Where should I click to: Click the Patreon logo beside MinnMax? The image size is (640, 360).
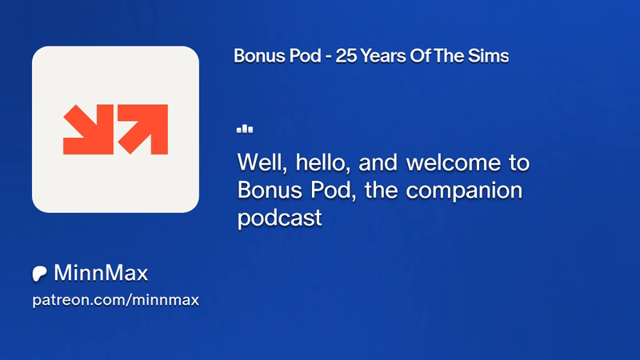pyautogui.click(x=39, y=274)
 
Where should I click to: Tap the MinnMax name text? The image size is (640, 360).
pyautogui.click(x=101, y=273)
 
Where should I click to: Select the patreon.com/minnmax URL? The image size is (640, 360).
pyautogui.click(x=115, y=301)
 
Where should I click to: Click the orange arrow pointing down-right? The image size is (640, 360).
pyautogui.click(x=88, y=130)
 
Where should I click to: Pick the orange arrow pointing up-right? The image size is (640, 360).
pyautogui.click(x=143, y=130)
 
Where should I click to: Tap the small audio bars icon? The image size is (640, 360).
pyautogui.click(x=245, y=129)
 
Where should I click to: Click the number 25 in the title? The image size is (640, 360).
pyautogui.click(x=346, y=56)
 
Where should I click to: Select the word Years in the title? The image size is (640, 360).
pyautogui.click(x=383, y=56)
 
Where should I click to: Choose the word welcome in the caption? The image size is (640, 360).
pyautogui.click(x=453, y=162)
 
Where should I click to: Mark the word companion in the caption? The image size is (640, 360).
pyautogui.click(x=464, y=191)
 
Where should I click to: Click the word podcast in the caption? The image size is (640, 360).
pyautogui.click(x=279, y=218)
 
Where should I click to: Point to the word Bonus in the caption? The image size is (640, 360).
pyautogui.click(x=270, y=190)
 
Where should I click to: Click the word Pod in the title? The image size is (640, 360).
pyautogui.click(x=306, y=56)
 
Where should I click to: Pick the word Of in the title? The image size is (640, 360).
pyautogui.click(x=419, y=56)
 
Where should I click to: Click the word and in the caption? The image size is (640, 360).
pyautogui.click(x=378, y=162)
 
